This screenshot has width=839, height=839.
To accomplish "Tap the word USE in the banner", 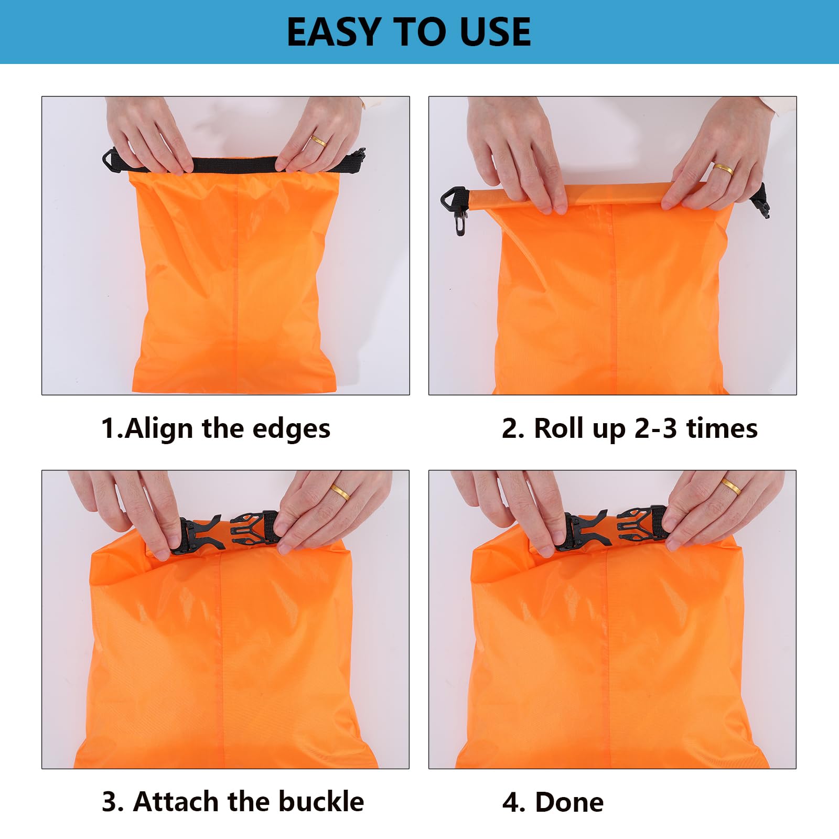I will click(495, 33).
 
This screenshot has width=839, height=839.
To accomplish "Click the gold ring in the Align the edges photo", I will click(318, 141).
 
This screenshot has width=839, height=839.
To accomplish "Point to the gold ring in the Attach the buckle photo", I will click(340, 492).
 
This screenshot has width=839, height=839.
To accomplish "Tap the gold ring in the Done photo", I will click(731, 486).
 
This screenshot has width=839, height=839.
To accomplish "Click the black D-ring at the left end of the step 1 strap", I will click(111, 159).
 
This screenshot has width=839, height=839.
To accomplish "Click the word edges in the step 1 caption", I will click(292, 429).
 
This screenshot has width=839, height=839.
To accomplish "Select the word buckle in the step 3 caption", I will click(321, 802).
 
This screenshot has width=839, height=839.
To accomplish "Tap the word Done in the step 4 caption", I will click(569, 802).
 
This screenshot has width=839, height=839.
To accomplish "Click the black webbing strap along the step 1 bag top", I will click(233, 164).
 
